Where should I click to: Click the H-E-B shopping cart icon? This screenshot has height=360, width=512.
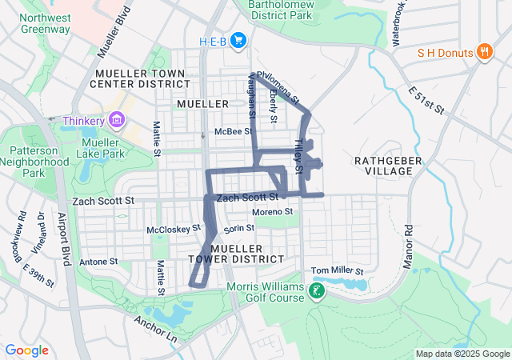[238, 40]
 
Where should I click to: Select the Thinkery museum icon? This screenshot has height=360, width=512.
[118, 120]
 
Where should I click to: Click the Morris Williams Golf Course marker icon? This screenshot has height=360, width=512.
[318, 290]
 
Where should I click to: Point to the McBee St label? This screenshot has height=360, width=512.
[233, 131]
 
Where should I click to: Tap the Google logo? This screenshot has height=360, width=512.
[26, 350]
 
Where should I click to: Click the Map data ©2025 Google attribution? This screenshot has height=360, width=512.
[462, 354]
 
